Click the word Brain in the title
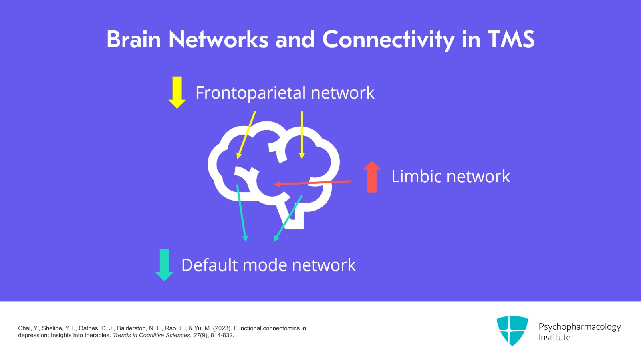click(x=133, y=40)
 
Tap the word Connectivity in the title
click(x=388, y=40)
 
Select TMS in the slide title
click(x=511, y=40)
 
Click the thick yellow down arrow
click(x=177, y=93)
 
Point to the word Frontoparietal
click(x=251, y=93)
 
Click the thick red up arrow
click(x=372, y=177)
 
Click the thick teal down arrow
click(x=164, y=265)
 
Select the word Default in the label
click(x=210, y=265)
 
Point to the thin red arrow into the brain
click(x=312, y=183)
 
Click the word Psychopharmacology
click(x=579, y=327)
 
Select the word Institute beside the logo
click(x=554, y=338)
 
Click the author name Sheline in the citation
click(x=52, y=328)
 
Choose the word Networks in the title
click(x=218, y=40)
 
